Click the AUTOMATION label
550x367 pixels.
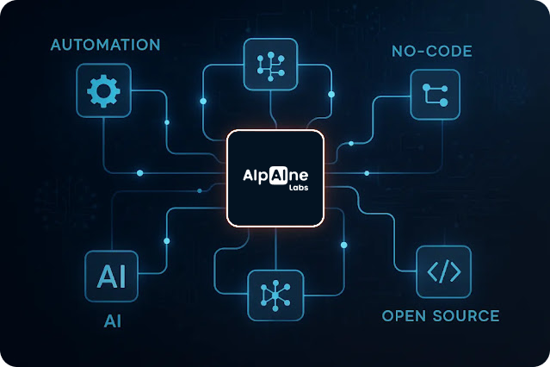105,45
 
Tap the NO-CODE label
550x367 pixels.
432,52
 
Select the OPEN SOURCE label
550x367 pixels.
441,315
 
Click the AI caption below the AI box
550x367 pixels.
113,321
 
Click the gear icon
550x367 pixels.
103,90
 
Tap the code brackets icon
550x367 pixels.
444,271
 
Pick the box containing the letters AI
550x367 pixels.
112,276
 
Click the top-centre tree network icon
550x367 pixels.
271,66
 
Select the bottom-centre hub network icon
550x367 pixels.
275,295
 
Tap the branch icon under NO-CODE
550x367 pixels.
435,95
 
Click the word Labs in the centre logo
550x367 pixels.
299,188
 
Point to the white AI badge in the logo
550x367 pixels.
279,175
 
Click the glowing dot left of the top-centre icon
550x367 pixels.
203,101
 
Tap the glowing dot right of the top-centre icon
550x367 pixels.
331,94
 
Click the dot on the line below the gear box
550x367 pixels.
140,173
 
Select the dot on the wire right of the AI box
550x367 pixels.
167,241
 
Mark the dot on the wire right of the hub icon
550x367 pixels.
343,246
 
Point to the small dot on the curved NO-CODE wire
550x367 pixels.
351,143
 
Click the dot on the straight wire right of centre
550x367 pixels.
367,173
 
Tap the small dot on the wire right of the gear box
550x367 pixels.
167,122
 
